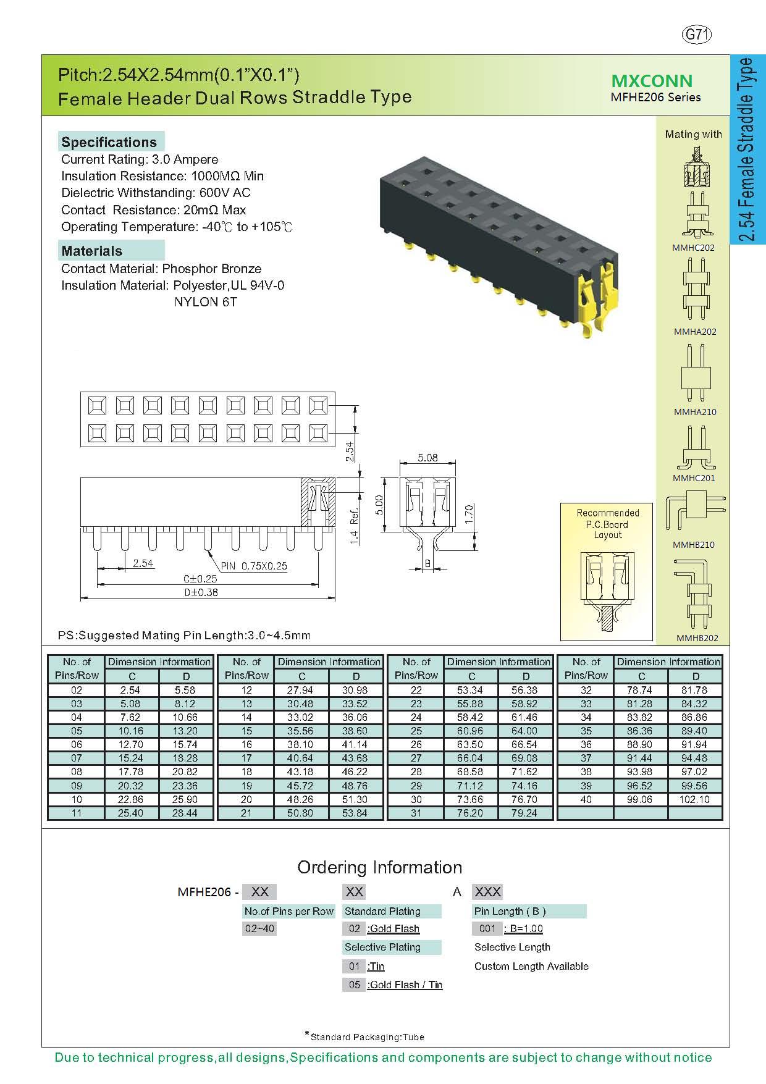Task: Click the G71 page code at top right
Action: click(696, 35)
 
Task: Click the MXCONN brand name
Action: click(652, 81)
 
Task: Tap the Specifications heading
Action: click(109, 142)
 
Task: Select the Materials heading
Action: click(91, 251)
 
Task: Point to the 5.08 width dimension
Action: click(427, 458)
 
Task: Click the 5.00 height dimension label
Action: click(380, 504)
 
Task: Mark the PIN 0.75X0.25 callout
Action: click(254, 566)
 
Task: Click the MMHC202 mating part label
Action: click(693, 248)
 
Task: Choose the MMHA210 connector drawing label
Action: click(695, 412)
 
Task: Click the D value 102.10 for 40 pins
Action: click(695, 799)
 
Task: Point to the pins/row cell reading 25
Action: click(416, 731)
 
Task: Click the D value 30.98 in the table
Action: click(355, 690)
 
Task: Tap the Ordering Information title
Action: click(380, 867)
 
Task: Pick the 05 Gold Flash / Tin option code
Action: click(354, 985)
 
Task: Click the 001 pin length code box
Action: click(487, 928)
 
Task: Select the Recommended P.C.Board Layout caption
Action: click(608, 524)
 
